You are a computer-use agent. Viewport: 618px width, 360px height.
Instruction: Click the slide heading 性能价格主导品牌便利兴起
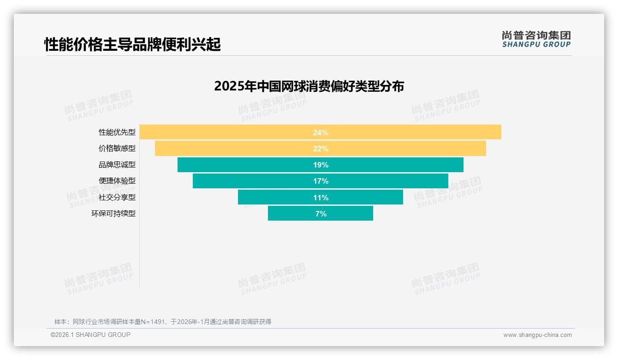pyautogui.click(x=132, y=44)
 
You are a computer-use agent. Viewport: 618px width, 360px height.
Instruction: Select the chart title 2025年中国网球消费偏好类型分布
pyautogui.click(x=309, y=86)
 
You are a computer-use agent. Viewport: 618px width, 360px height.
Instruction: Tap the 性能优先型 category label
pyautogui.click(x=117, y=132)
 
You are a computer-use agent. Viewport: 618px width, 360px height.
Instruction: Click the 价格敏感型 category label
pyautogui.click(x=117, y=149)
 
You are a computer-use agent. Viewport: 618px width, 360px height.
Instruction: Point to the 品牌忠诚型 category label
pyautogui.click(x=117, y=165)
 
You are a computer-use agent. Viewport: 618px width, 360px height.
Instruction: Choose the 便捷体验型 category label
pyautogui.click(x=117, y=181)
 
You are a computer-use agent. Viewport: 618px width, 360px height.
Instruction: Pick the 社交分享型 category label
pyautogui.click(x=117, y=198)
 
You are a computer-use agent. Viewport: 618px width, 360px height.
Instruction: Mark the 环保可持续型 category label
pyautogui.click(x=113, y=214)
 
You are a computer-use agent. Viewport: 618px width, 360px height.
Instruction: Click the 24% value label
pyautogui.click(x=321, y=132)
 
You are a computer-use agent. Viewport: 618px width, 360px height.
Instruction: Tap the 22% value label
pyautogui.click(x=321, y=149)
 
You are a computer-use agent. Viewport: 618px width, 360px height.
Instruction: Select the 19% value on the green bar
pyautogui.click(x=321, y=165)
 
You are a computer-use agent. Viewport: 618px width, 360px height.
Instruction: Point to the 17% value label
pyautogui.click(x=321, y=181)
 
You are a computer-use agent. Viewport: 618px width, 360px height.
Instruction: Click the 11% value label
pyautogui.click(x=321, y=198)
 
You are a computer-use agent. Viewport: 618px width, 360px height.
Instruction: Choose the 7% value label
pyautogui.click(x=321, y=214)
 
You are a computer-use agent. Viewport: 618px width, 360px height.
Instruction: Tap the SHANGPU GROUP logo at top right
pyautogui.click(x=536, y=39)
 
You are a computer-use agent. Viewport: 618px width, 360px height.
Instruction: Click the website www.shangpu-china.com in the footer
pyautogui.click(x=537, y=335)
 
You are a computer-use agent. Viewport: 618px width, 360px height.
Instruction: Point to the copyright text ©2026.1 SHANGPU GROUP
pyautogui.click(x=90, y=335)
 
